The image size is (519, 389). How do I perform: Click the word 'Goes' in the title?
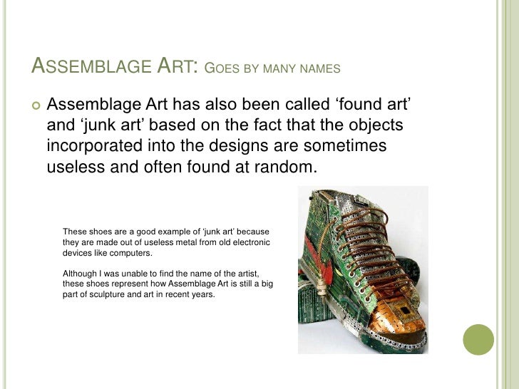pos(221,69)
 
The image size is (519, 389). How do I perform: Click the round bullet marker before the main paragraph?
pos(34,107)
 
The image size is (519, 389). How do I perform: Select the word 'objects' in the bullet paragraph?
pos(378,125)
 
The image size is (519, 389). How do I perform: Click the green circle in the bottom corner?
pos(478,339)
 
